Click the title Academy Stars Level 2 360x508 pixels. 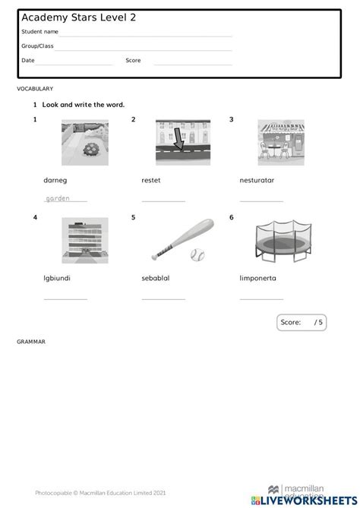(73, 17)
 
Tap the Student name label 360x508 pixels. (39, 32)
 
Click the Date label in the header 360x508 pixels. (28, 60)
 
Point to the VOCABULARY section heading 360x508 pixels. (35, 89)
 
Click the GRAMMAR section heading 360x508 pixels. (31, 342)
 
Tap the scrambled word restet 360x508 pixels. (151, 180)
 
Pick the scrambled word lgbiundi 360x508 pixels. (57, 278)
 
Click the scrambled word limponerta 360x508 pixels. (257, 278)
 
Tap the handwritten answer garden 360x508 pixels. (58, 198)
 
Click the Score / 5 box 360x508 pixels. (304, 322)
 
